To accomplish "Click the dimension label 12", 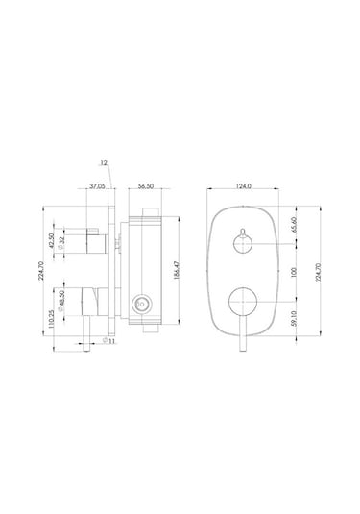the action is point(104,163).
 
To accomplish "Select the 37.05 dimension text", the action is point(97,186).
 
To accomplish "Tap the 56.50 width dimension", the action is point(146,186).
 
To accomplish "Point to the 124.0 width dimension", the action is point(244,186).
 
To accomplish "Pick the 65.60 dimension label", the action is point(294,225).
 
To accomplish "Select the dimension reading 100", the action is point(294,272).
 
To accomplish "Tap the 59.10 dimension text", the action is point(294,319).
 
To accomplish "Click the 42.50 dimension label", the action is point(51,240).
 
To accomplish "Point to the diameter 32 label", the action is point(61,243).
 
